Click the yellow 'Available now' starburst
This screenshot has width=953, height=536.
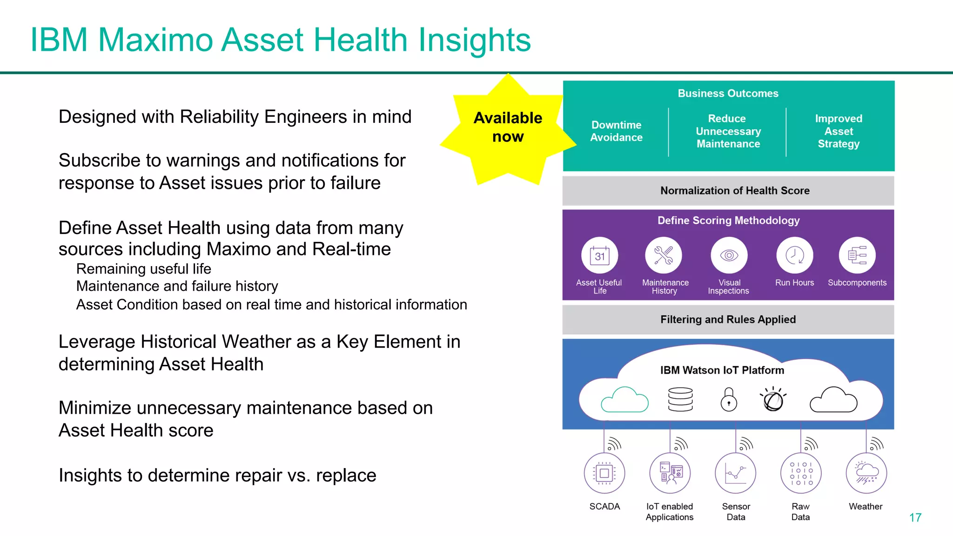(x=508, y=127)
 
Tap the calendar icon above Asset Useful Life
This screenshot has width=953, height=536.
(x=599, y=255)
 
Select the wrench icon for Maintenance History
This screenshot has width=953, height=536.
(x=664, y=255)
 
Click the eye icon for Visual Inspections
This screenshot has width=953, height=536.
(x=729, y=255)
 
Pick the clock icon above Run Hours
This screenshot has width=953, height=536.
(x=794, y=255)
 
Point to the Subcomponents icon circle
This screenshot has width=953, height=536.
(x=857, y=255)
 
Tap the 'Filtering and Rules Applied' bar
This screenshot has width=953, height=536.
(x=728, y=320)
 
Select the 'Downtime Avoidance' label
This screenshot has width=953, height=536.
(x=616, y=131)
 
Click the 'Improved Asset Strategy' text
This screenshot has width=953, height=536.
(x=839, y=131)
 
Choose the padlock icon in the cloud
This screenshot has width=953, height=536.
(x=729, y=399)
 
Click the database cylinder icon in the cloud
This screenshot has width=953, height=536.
(x=680, y=399)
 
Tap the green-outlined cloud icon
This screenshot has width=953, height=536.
(x=624, y=400)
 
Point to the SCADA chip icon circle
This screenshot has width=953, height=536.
(x=604, y=473)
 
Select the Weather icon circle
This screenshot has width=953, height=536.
(x=866, y=473)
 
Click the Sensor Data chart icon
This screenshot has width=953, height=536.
(x=735, y=473)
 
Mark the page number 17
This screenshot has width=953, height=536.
(x=915, y=517)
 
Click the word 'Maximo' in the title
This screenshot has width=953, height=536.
(x=155, y=40)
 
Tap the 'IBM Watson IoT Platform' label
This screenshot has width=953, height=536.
(x=722, y=370)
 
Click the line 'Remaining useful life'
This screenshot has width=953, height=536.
(x=143, y=269)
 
